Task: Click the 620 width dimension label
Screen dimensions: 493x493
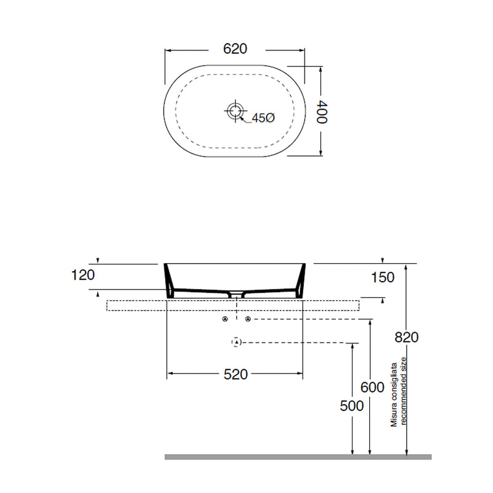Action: [235, 49]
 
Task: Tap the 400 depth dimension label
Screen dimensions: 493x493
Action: [322, 112]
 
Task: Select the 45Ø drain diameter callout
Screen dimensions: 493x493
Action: [264, 118]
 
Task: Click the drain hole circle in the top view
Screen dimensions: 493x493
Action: [235, 111]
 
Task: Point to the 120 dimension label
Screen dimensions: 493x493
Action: [83, 275]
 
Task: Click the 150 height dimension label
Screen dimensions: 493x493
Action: [383, 278]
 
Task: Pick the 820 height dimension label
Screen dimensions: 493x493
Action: [407, 337]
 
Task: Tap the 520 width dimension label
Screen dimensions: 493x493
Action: [236, 374]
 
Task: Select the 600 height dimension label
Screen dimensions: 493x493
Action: [372, 388]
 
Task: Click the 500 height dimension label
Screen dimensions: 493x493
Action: [352, 406]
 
